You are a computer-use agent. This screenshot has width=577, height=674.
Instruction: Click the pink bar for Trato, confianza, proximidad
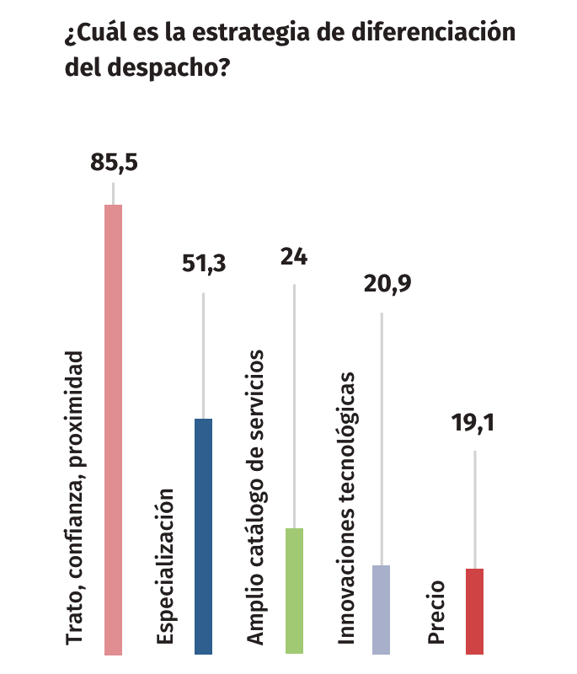pyautogui.click(x=113, y=430)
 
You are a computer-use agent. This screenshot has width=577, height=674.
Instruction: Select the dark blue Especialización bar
pyautogui.click(x=203, y=536)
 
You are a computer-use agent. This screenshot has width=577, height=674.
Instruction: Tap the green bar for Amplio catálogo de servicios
pyautogui.click(x=294, y=591)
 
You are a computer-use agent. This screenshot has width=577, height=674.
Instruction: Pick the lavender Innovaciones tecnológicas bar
pyautogui.click(x=382, y=609)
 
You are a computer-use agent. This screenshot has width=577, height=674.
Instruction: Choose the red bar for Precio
pyautogui.click(x=474, y=611)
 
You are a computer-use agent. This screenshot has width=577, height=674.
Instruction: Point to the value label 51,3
pyautogui.click(x=205, y=264)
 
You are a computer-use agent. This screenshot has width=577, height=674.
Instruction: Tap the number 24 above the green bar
pyautogui.click(x=294, y=256)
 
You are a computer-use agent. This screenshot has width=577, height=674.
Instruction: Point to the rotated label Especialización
pyautogui.click(x=165, y=566)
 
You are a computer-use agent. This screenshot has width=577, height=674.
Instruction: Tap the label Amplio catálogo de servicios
pyautogui.click(x=256, y=498)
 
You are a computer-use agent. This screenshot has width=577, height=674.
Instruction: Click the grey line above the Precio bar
pyautogui.click(x=474, y=510)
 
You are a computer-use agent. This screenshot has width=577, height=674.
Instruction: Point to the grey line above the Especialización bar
pyautogui.click(x=203, y=355)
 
